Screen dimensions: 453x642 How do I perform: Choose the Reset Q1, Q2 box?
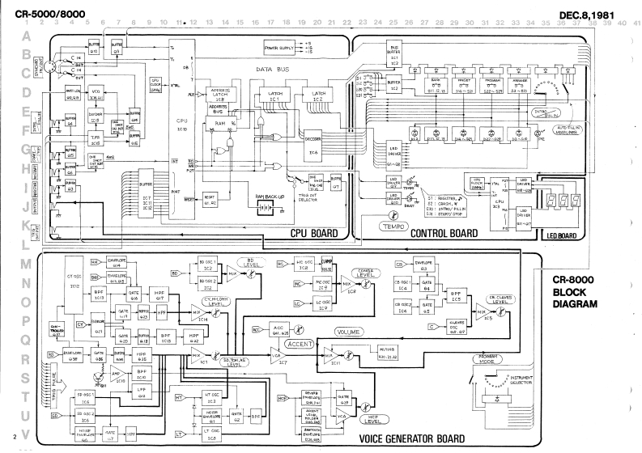point(209,196)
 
